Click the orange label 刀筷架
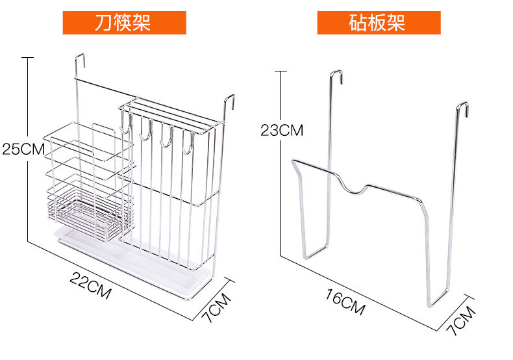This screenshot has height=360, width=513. click(123, 23)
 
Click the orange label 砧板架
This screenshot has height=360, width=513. click(378, 23)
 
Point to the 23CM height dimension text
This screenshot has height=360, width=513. click(281, 129)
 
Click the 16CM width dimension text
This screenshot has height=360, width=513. click(345, 301)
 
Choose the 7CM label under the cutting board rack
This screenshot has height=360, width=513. click(461, 318)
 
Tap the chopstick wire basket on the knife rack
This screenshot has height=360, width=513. click(84, 182)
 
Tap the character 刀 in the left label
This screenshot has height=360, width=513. click(103, 23)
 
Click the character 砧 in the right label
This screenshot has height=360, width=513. click(358, 23)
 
